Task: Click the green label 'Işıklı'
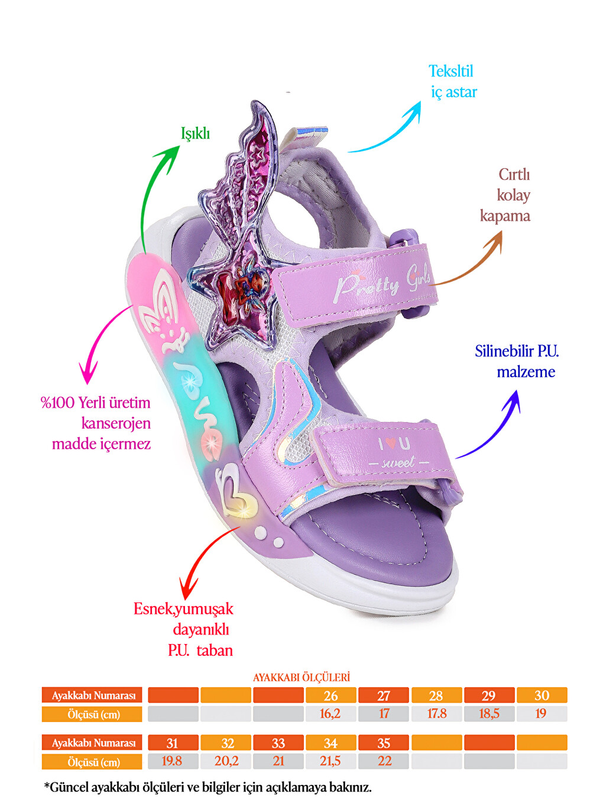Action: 195,134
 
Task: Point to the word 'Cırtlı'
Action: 514,175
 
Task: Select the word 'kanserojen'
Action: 116,424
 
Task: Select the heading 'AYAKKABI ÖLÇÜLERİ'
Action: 301,677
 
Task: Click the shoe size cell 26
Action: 331,695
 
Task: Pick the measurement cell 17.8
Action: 437,714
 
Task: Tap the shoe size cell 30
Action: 542,695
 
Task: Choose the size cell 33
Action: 278,743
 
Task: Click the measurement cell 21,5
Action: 330,761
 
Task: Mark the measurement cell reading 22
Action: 384,761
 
